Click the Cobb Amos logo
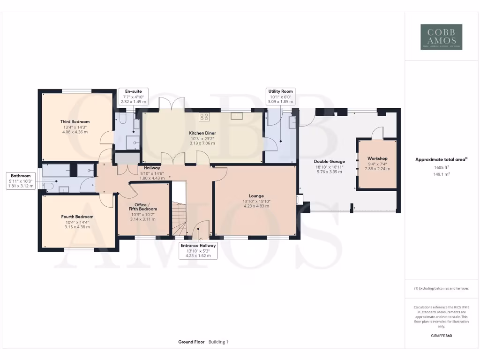[441, 37]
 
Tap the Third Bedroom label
[75, 122]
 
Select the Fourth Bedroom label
[77, 217]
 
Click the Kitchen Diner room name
[202, 133]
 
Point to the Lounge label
[256, 196]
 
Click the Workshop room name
[377, 159]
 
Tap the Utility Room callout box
[280, 96]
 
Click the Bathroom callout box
[21, 180]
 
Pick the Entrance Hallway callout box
[198, 250]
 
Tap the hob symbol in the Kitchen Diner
[204, 116]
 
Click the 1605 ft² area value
[441, 167]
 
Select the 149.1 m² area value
[441, 173]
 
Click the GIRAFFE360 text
[441, 336]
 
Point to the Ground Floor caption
[191, 342]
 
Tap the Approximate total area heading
[441, 159]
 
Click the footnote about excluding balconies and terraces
[441, 288]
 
